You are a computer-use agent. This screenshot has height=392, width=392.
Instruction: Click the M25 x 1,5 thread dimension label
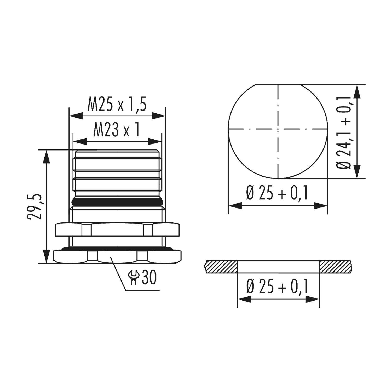pyautogui.click(x=117, y=105)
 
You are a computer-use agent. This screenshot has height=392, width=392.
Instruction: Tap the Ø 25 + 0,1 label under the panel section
pyautogui.click(x=277, y=287)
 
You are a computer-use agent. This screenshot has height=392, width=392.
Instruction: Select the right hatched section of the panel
pyautogui.click(x=335, y=267)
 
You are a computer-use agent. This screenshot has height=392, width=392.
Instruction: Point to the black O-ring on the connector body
pyautogui.click(x=117, y=202)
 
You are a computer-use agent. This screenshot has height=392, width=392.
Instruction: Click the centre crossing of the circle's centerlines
pyautogui.click(x=278, y=129)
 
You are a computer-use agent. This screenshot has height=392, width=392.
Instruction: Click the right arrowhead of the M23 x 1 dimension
pyautogui.click(x=155, y=141)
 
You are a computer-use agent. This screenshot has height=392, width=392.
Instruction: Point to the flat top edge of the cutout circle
pyautogui.click(x=278, y=85)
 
